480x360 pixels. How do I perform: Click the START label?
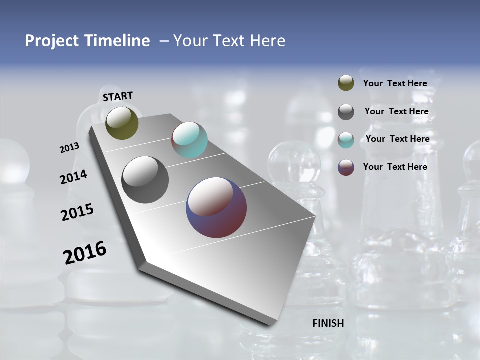118,96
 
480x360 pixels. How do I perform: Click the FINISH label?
328,323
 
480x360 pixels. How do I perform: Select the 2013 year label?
69,148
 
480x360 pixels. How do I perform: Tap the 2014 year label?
73,177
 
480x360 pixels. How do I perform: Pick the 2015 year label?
77,212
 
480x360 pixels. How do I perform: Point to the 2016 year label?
85,253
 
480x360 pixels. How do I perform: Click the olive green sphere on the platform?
122,123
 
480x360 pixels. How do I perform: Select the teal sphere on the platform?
189,140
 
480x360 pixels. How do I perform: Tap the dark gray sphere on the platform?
145,180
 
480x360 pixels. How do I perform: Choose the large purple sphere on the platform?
216,207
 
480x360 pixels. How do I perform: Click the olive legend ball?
346,83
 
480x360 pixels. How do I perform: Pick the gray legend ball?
346,112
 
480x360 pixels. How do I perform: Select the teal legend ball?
346,140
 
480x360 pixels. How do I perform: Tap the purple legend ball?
346,167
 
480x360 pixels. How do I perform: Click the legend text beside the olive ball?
395,83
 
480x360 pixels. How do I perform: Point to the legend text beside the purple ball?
395,167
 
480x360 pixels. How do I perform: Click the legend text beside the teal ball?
397,139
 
